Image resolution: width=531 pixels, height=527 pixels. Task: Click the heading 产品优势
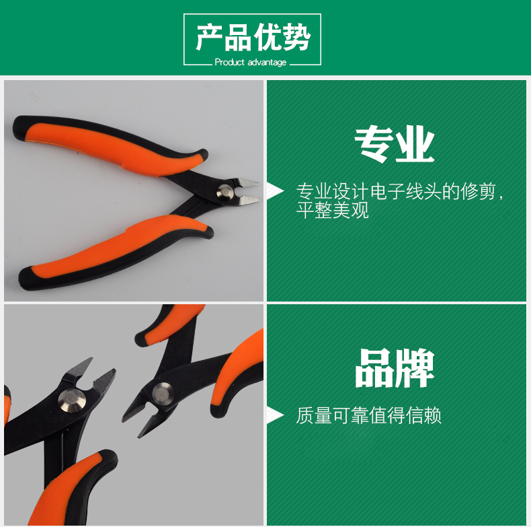(x=253, y=37)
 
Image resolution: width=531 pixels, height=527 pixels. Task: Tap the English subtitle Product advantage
(x=251, y=63)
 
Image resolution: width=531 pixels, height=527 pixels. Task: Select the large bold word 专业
(x=394, y=143)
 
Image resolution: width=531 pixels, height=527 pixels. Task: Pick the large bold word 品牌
(x=395, y=368)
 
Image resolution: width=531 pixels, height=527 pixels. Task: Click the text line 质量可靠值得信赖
(x=368, y=415)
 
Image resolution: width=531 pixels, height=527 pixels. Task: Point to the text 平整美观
(x=332, y=210)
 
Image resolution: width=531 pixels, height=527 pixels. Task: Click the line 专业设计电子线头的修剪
(x=395, y=192)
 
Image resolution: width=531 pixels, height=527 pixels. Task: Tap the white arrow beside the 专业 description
(x=275, y=191)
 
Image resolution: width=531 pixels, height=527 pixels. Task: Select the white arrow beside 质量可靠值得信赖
(x=275, y=415)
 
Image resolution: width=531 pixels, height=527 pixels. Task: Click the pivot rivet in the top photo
(x=225, y=192)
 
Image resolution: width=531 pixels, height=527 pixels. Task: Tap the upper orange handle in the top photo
(x=112, y=147)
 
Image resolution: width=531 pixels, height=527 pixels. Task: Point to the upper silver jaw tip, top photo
(x=257, y=183)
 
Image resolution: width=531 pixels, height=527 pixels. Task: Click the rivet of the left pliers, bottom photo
(x=72, y=401)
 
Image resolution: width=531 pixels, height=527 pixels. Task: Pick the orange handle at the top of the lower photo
(x=169, y=326)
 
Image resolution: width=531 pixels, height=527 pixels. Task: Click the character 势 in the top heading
(x=296, y=37)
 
